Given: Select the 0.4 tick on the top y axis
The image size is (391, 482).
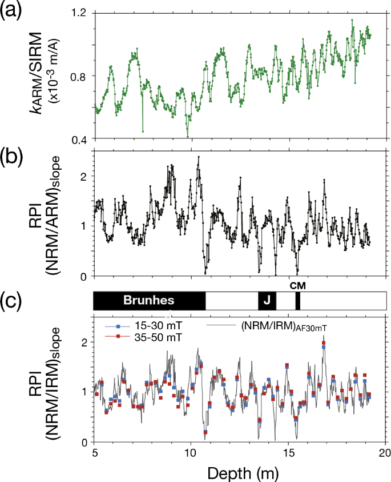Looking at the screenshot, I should (x=78, y=140).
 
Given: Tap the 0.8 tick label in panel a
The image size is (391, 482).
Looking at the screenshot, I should (x=78, y=76).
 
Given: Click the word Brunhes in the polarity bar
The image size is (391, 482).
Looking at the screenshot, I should (x=149, y=300).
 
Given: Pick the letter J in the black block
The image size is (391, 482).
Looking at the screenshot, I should (x=267, y=300).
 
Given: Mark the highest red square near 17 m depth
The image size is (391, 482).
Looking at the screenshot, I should (x=324, y=343).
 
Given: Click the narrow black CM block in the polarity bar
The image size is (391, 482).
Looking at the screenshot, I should (x=297, y=300).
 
